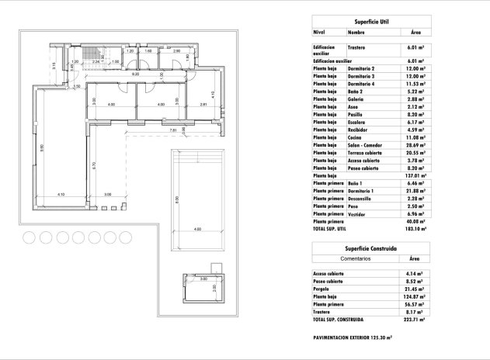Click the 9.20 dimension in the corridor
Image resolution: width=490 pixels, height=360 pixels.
[x=134, y=74]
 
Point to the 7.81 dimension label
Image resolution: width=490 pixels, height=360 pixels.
[x=173, y=130]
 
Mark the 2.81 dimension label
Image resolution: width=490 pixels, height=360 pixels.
[x=203, y=104]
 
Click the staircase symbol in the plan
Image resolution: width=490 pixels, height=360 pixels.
[x=106, y=54]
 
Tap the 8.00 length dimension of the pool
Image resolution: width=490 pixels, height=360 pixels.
[x=177, y=199]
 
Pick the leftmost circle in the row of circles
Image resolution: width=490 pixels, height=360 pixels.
[x=29, y=237]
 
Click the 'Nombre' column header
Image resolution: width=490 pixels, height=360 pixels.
[x=356, y=33]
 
